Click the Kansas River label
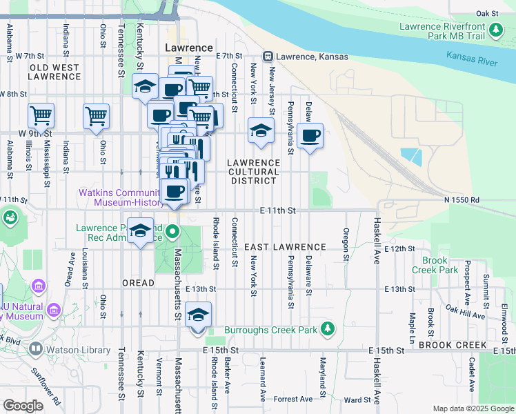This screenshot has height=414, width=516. [472, 59]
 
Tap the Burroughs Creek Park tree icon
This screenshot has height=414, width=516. [330, 328]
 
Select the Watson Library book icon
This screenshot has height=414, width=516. [34, 349]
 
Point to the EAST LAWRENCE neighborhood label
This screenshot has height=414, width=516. [285, 246]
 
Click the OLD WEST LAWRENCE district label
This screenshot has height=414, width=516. [54, 71]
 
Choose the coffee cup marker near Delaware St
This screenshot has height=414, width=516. [310, 135]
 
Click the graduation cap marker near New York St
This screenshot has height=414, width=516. [261, 130]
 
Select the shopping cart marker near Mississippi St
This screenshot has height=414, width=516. [41, 116]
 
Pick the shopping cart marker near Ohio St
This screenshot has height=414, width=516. [97, 116]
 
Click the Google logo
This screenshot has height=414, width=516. [23, 406]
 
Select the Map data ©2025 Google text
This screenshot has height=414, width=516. [473, 408]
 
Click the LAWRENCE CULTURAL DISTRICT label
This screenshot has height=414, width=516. [253, 171]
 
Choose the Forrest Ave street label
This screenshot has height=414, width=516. [292, 399]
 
